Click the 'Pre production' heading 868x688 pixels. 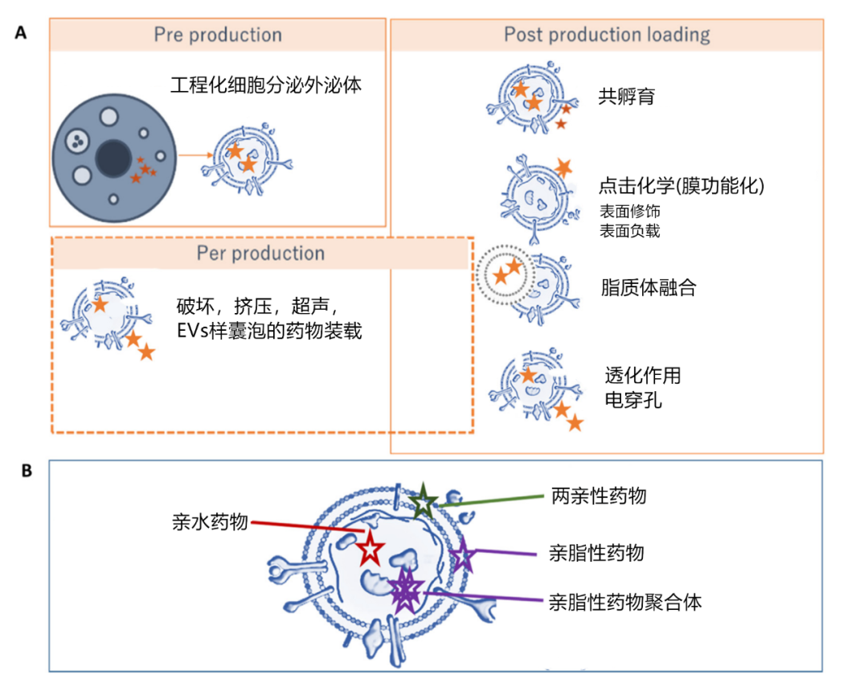coord(218,35)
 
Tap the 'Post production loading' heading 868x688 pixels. coord(607,35)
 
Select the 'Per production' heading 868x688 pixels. coord(260,253)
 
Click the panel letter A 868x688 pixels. coord(22,33)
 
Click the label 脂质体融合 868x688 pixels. coord(648,287)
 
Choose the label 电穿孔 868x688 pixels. coord(633,399)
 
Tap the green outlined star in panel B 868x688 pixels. coord(422,501)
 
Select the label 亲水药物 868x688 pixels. coord(211,521)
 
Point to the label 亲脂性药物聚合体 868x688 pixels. coord(625,601)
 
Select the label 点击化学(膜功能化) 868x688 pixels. coord(681,186)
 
